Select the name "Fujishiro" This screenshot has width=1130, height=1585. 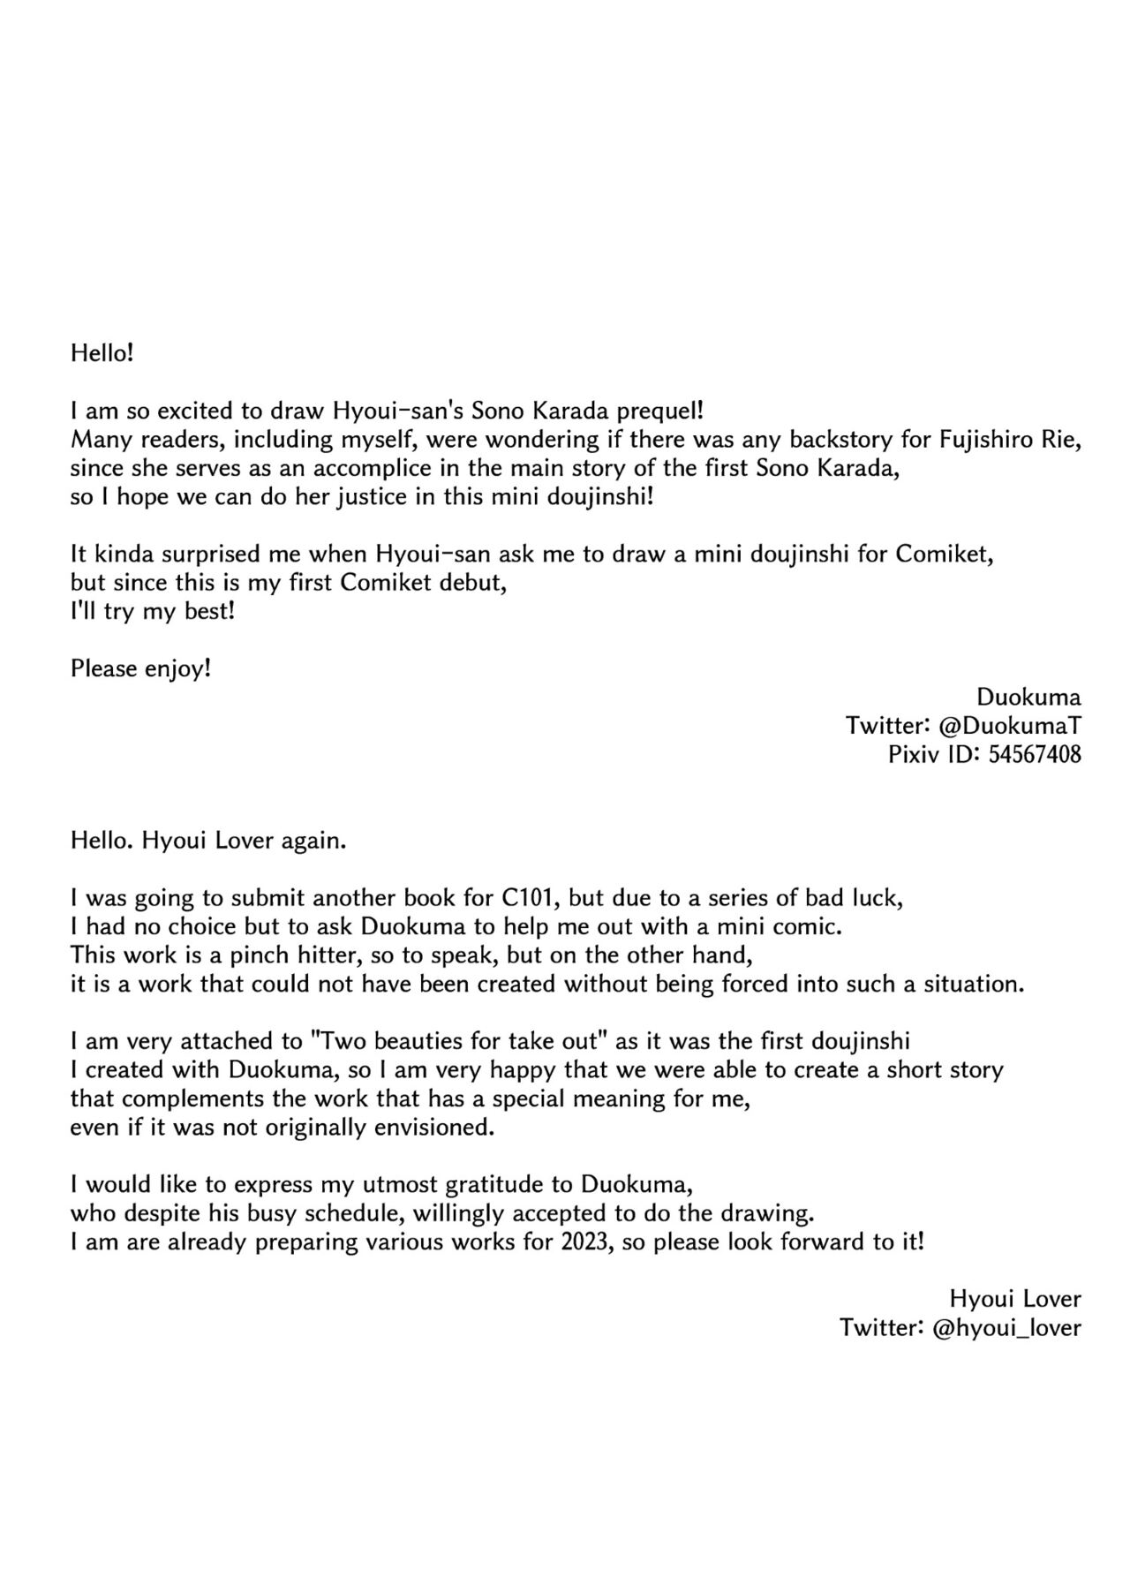[x=977, y=439]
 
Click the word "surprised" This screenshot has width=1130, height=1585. [x=243, y=554]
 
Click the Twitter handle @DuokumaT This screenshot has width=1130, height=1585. [x=1010, y=726]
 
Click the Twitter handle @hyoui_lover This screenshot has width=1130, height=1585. [x=1006, y=1327]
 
